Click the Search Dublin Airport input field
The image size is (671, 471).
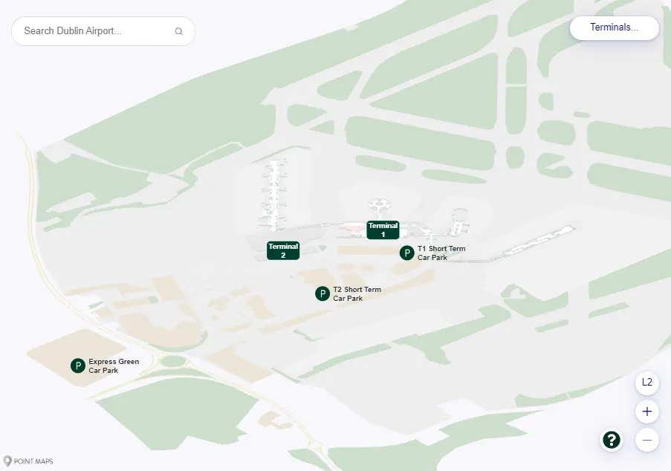click(x=93, y=31)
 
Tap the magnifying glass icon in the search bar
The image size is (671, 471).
click(x=178, y=31)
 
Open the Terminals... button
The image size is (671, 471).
click(x=614, y=27)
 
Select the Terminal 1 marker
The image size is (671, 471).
click(x=383, y=230)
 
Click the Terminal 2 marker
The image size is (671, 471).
click(x=283, y=250)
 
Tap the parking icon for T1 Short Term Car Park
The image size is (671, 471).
click(x=406, y=253)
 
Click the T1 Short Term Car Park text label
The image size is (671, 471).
click(x=441, y=253)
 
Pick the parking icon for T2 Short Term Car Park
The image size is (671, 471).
click(x=322, y=293)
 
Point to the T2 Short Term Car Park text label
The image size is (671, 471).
click(x=357, y=293)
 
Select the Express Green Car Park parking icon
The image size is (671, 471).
click(x=78, y=366)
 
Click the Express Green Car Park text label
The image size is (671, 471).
click(x=114, y=366)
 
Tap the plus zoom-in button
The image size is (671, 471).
click(x=646, y=411)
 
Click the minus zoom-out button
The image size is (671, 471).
click(x=646, y=440)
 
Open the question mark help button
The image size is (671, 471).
click(x=611, y=440)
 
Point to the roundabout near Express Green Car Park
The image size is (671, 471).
click(x=173, y=361)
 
